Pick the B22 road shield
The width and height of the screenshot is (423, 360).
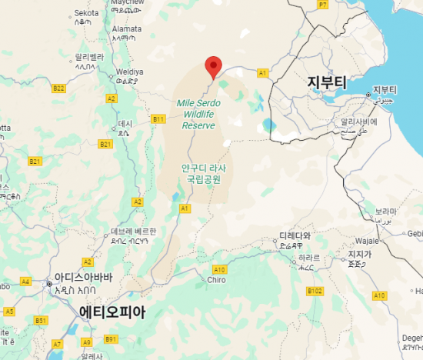[x=59, y=88]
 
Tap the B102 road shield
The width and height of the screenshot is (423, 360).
[x=315, y=291]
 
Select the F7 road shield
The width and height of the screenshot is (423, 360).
[x=323, y=5]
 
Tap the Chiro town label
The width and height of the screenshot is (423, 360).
[x=216, y=280]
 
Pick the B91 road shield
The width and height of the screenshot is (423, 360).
[x=111, y=339]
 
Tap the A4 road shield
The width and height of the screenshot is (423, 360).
[x=25, y=282]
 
